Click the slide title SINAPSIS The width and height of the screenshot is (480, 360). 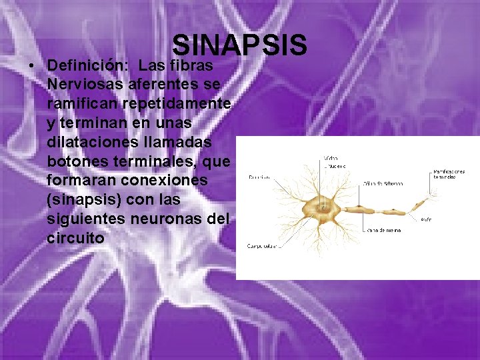pos(239,46)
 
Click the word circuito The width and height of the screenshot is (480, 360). pos(76,237)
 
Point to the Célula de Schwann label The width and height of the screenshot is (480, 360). pos(383,184)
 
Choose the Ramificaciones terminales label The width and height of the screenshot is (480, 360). pos(449,175)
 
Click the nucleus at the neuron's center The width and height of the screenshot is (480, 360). pos(325,209)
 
